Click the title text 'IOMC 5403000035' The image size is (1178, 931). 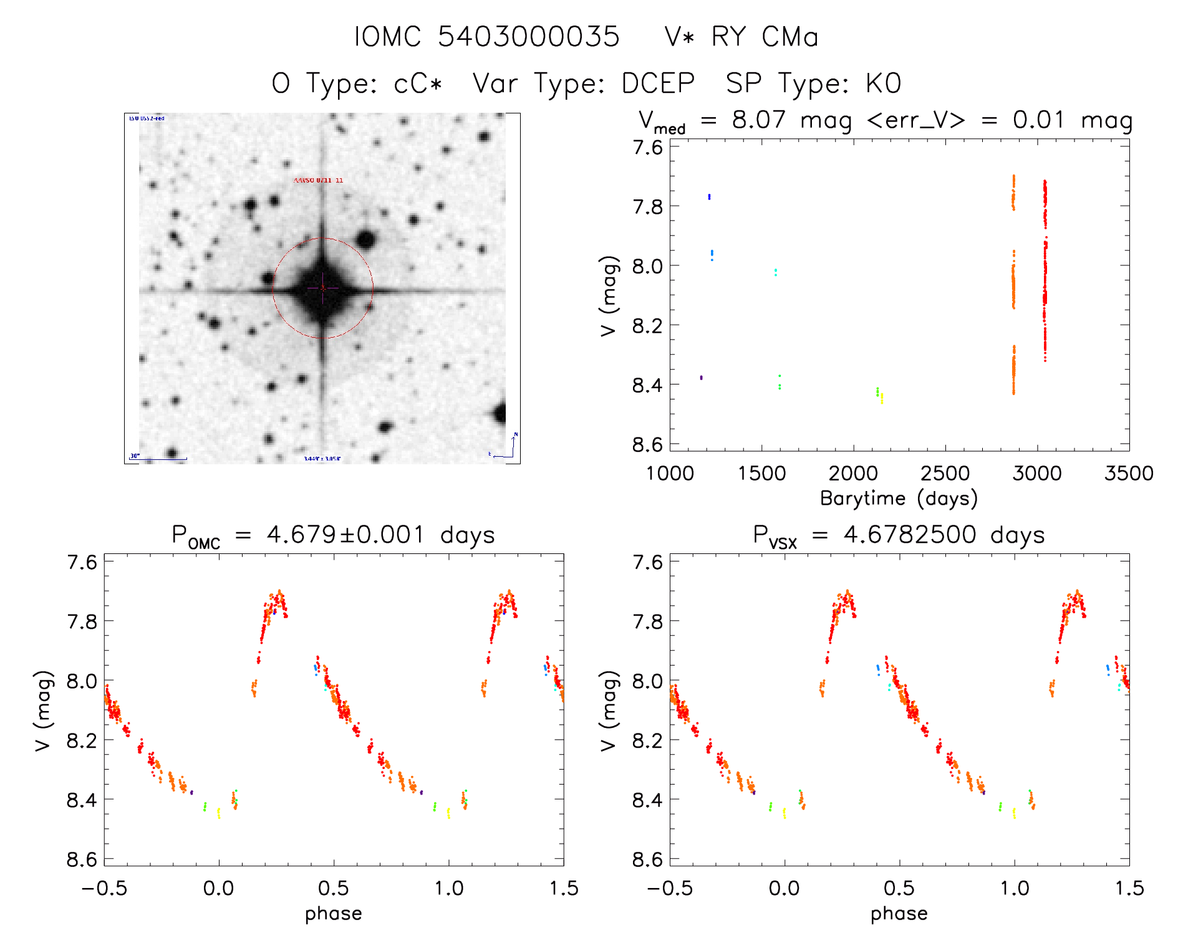486,37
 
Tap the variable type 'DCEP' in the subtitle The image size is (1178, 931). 658,84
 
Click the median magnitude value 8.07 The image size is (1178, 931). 758,120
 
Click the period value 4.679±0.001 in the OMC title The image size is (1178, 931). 346,535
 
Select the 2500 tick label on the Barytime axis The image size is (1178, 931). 945,474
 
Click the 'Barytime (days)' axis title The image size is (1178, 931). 899,499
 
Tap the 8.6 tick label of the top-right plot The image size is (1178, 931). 647,445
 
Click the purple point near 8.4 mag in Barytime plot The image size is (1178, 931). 701,378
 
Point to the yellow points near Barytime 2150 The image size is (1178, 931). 882,398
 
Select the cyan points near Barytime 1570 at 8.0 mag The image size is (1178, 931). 775,272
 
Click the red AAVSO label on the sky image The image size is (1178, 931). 318,181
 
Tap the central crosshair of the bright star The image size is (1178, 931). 322,288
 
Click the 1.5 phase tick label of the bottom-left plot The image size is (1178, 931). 563,889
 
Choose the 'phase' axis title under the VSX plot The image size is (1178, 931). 899,914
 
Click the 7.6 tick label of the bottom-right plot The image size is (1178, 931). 647,563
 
